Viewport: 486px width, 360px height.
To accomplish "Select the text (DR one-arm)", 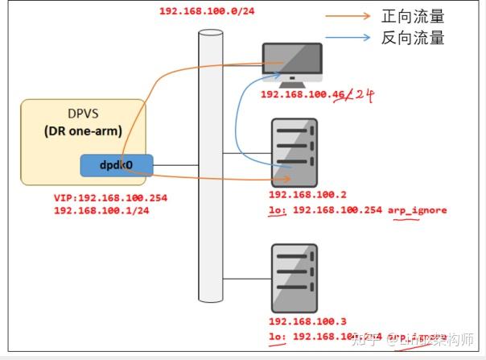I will click(82, 131).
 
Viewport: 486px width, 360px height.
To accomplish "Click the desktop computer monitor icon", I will click(292, 62).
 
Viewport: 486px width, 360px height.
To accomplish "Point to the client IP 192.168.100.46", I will click(303, 95).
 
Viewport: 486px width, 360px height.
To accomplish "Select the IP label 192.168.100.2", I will click(307, 196).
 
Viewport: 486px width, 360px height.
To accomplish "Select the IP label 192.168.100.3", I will click(307, 321).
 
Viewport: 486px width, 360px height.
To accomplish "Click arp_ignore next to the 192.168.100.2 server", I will click(417, 210).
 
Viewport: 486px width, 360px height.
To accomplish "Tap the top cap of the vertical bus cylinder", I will click(211, 34).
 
